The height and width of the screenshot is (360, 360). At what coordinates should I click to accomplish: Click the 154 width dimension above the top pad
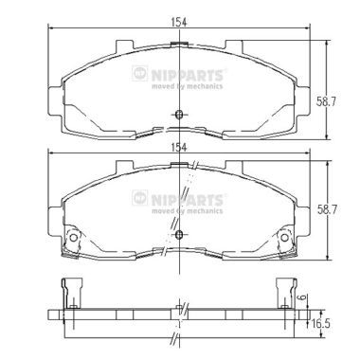click(x=179, y=22)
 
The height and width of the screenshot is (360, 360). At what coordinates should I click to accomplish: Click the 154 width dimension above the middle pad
click(x=179, y=147)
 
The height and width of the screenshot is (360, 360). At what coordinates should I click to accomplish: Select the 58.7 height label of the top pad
click(x=327, y=101)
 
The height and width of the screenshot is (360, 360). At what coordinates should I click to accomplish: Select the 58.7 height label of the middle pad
click(x=327, y=209)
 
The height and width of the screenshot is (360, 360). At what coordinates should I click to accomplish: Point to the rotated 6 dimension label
click(x=302, y=297)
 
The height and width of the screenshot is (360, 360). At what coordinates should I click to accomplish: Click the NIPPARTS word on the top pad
click(x=188, y=76)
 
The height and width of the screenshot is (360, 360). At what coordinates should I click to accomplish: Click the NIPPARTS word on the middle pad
click(x=188, y=200)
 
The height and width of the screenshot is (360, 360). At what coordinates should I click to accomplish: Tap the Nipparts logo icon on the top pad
click(x=140, y=73)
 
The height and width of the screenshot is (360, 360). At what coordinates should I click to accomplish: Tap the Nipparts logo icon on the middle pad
click(x=140, y=198)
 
